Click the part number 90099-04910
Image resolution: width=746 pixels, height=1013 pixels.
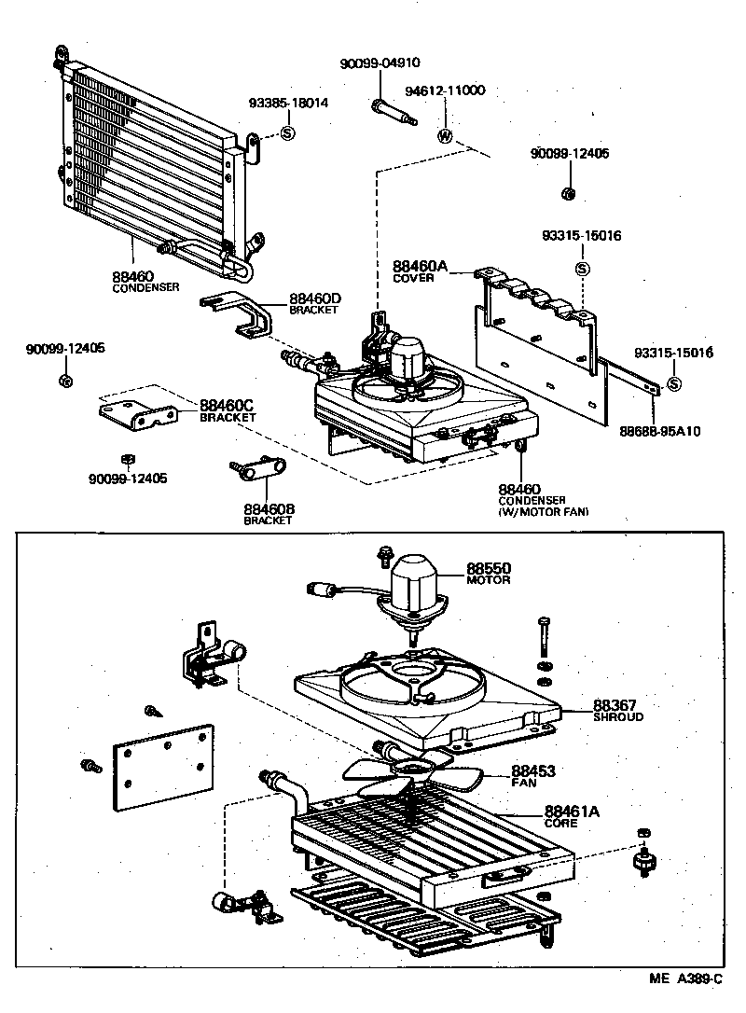pos(380,63)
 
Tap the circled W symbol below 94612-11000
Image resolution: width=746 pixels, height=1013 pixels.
pos(446,136)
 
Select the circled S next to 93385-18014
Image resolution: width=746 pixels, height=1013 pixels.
pos(287,133)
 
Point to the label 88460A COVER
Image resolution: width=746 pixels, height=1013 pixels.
pos(420,271)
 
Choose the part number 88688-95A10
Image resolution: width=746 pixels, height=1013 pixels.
pos(660,431)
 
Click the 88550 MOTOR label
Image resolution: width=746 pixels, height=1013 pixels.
pos(489,573)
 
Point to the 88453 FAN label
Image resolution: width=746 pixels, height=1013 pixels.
pos(532,776)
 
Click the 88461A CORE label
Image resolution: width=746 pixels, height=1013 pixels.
pos(572,816)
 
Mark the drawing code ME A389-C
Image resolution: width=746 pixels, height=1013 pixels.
pos(686,979)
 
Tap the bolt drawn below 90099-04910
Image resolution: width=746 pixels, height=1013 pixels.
pos(394,113)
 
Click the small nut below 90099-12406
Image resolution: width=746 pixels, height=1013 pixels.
pos(567,193)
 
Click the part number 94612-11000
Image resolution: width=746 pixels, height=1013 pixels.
pos(445,90)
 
